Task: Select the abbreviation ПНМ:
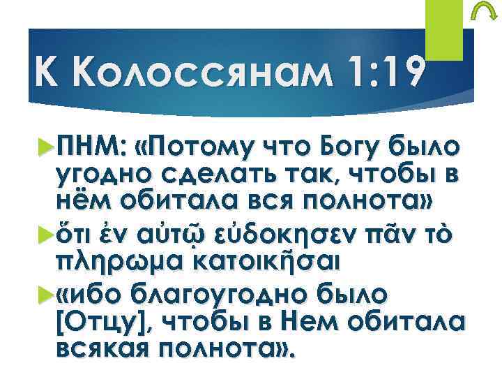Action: tap(89, 149)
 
